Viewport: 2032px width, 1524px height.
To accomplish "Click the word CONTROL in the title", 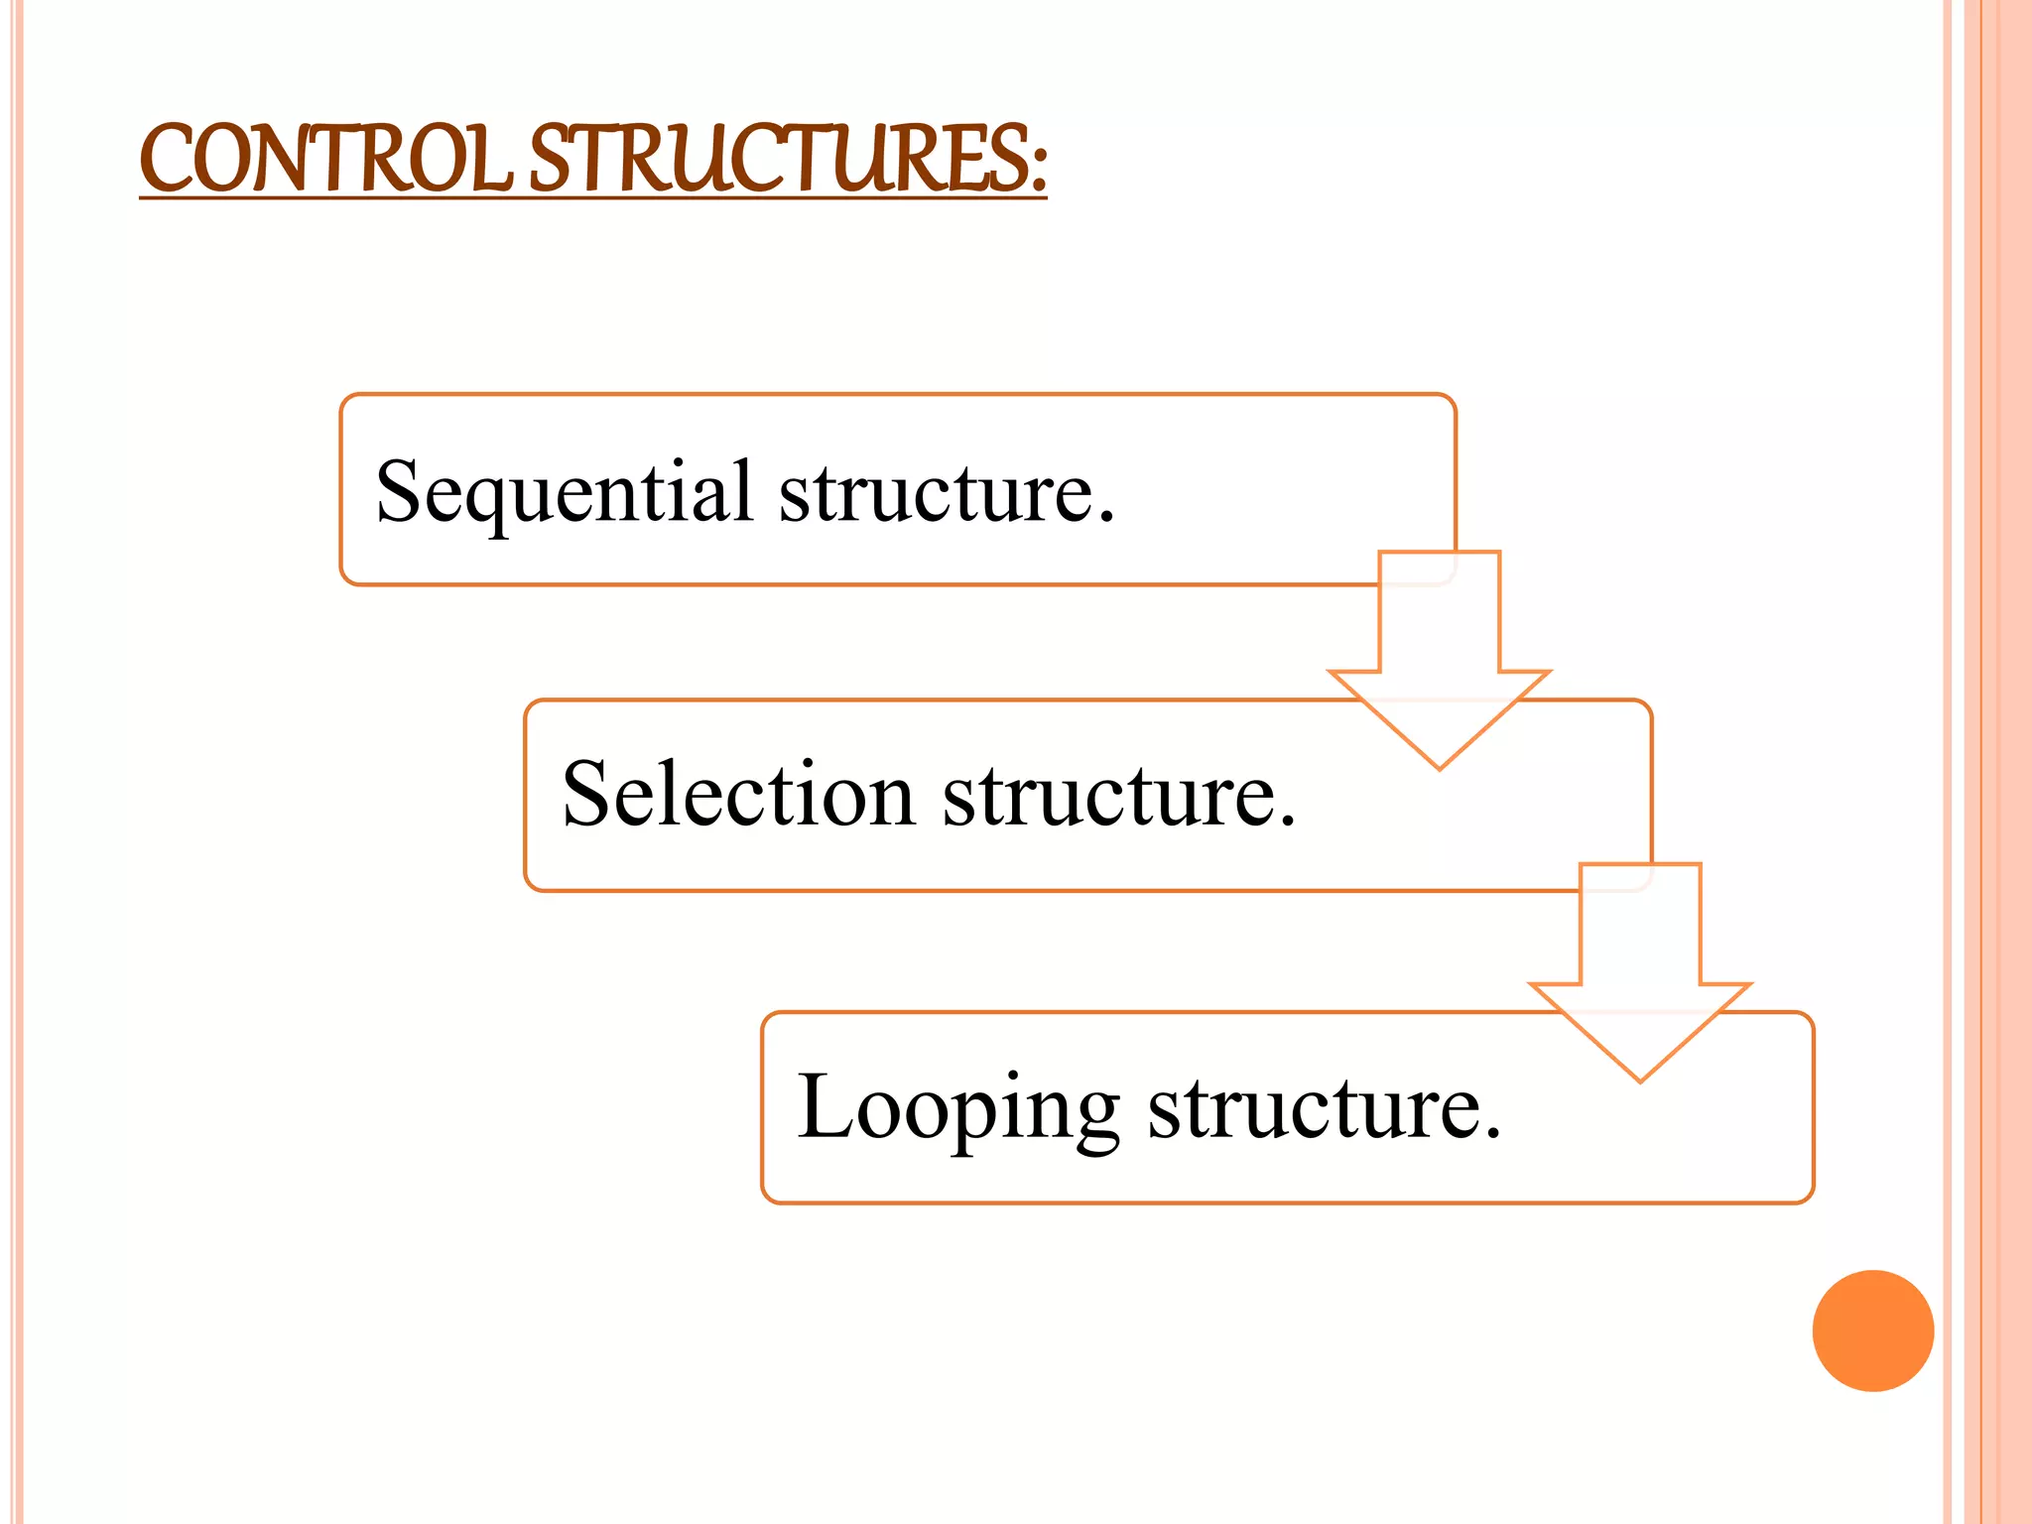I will coord(325,159).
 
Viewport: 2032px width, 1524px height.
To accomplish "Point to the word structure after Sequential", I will coord(937,494).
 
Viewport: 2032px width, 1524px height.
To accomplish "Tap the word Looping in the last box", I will coord(957,1109).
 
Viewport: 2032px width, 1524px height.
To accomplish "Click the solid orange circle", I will coord(1872,1331).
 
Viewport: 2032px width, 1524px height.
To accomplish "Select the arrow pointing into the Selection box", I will coord(1440,655).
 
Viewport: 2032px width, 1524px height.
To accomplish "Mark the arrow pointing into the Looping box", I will coord(1640,967).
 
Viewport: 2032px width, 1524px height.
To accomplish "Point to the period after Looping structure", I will coord(1492,1133).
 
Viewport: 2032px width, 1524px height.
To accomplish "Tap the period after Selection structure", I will coord(1287,820).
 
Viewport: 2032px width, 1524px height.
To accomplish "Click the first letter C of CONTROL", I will coord(170,159).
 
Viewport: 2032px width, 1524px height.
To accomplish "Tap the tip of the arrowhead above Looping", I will coord(1640,1079).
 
